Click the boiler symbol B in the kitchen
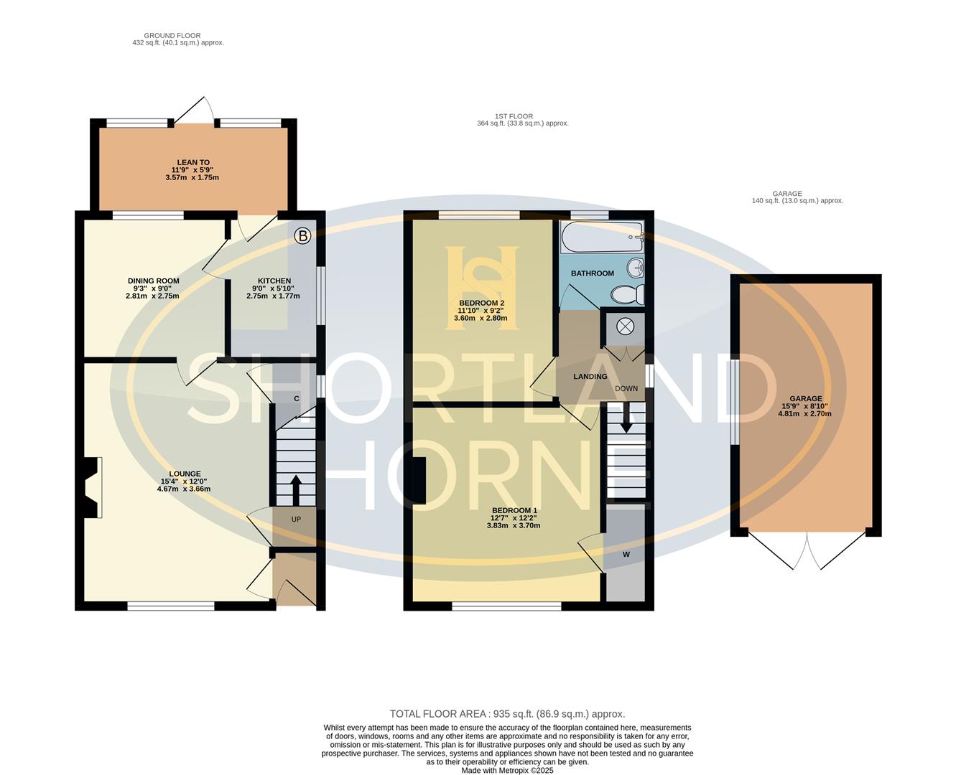(303, 235)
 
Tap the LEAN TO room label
(193, 163)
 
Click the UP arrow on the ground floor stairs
(295, 489)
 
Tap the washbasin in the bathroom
(636, 268)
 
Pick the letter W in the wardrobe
(626, 555)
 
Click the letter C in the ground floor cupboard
(296, 398)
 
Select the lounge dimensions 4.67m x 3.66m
(184, 489)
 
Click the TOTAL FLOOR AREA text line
(507, 714)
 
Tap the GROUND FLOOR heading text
(172, 35)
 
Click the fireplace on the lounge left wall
(91, 488)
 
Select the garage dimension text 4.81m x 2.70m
(804, 413)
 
